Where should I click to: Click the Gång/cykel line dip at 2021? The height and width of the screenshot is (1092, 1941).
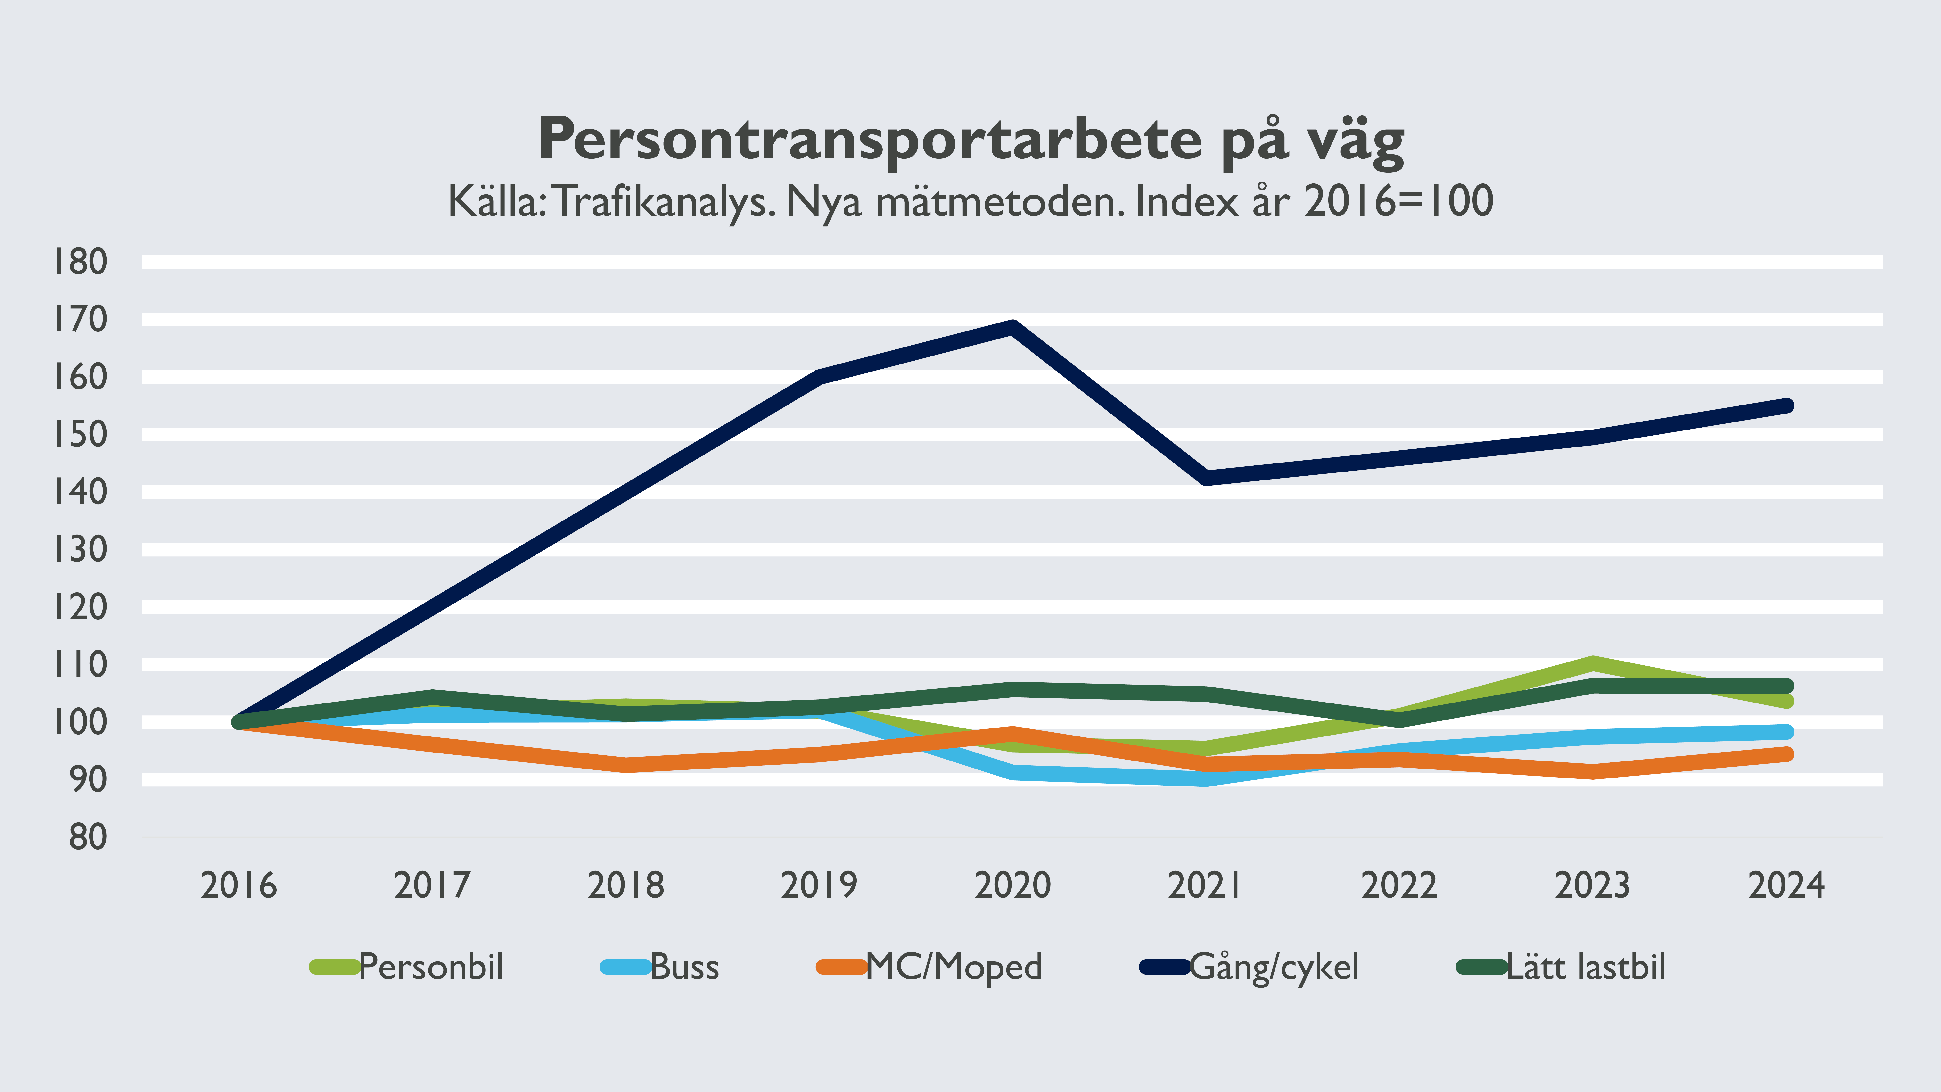point(1206,478)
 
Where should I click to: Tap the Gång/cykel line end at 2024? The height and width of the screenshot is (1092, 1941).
point(1786,405)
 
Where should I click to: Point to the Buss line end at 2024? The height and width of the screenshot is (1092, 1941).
point(1786,732)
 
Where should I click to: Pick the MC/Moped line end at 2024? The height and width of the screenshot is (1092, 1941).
point(1786,754)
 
